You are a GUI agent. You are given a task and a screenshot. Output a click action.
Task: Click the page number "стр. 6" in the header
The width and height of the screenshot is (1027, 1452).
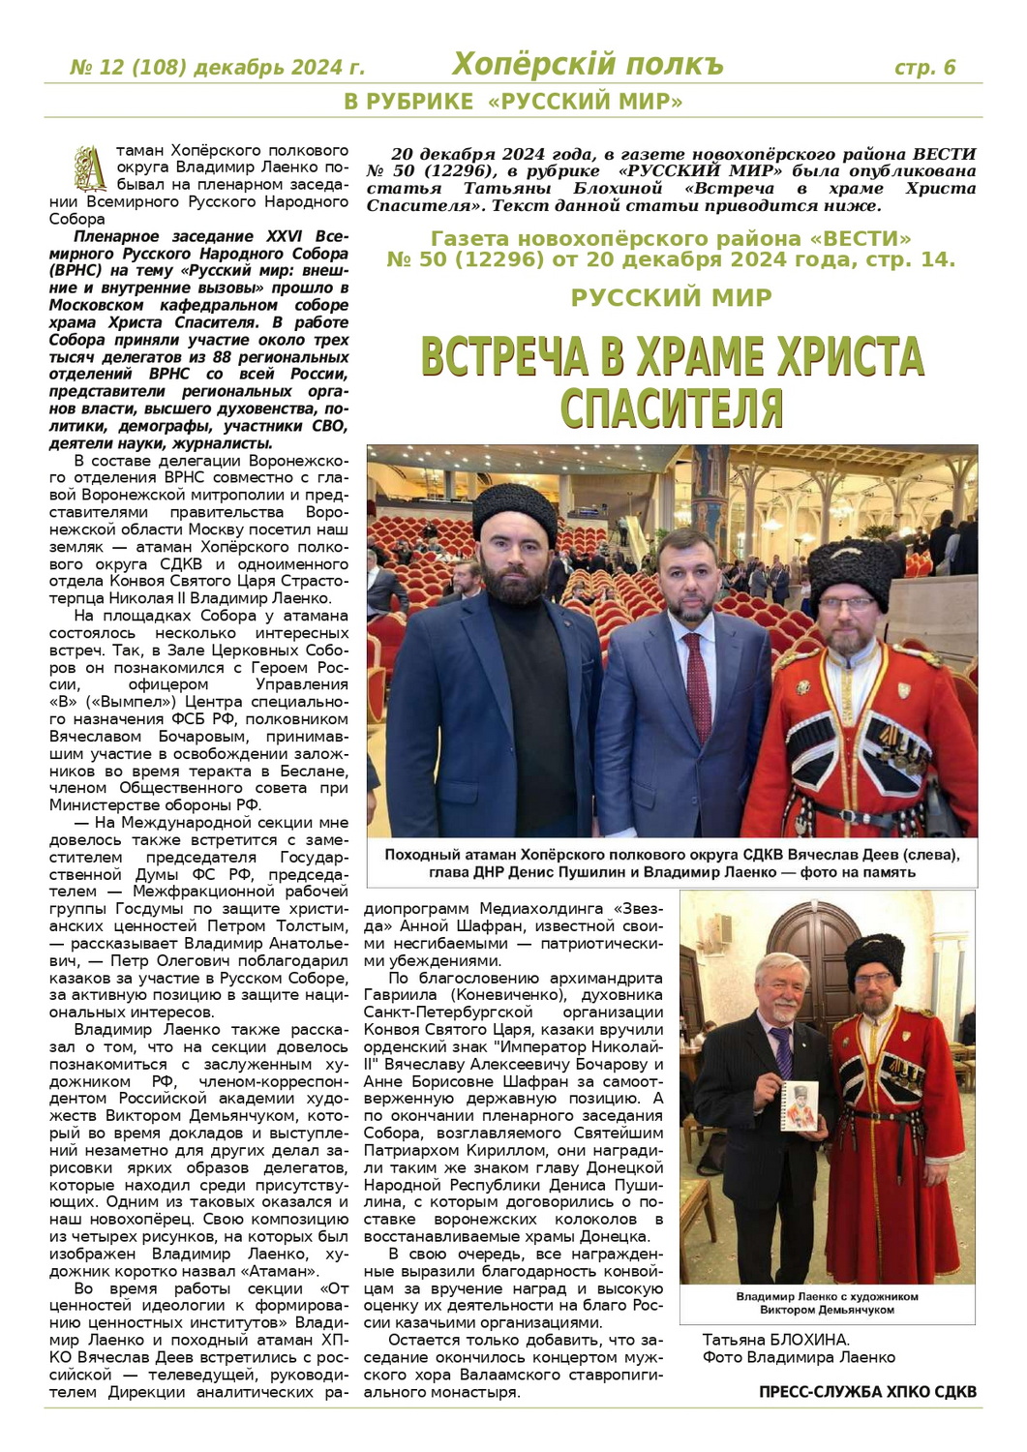pos(924,67)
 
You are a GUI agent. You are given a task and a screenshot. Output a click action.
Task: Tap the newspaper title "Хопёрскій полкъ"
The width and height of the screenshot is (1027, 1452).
pos(588,65)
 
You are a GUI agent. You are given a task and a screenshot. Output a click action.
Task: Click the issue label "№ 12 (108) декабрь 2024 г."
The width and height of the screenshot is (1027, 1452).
pos(218,68)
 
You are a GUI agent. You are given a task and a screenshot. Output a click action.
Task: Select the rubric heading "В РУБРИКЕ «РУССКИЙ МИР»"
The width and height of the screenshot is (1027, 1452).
pos(513,102)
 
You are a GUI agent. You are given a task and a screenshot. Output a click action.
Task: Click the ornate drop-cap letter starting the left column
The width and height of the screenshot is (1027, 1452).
pos(91,167)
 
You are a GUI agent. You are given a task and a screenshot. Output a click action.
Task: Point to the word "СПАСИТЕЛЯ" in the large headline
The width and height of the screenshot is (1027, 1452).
pos(671,408)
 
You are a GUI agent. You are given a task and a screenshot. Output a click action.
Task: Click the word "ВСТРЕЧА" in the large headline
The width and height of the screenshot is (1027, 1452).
pos(504,357)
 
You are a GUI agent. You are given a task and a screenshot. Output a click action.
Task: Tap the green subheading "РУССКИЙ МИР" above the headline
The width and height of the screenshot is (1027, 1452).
pos(671,298)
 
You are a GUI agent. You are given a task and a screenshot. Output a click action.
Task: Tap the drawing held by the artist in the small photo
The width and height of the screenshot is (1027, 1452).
pos(800,1104)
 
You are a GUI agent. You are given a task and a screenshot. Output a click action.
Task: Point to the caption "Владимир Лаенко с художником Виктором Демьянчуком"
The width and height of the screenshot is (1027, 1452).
pos(827,1303)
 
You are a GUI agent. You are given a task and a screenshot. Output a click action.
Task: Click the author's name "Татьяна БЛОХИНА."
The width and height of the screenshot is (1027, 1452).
pos(775,1340)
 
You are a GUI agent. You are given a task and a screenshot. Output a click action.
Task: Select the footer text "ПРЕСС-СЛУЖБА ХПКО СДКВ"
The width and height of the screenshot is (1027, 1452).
pos(867,1392)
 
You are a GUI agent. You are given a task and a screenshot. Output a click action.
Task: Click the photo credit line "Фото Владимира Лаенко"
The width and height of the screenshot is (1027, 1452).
pos(799,1357)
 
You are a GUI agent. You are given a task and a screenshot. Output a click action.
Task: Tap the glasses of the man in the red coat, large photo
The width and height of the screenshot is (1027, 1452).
pos(852,604)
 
